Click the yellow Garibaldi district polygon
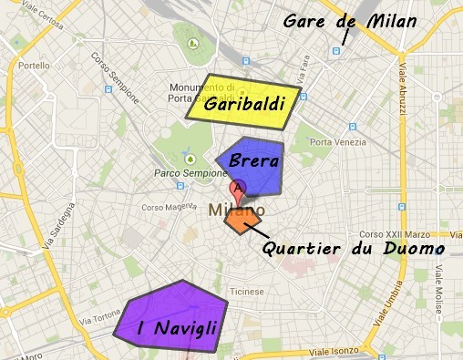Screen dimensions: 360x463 click(242, 99)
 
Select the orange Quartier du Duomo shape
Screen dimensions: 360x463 click(243, 220)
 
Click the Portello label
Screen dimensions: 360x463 click(34, 66)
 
